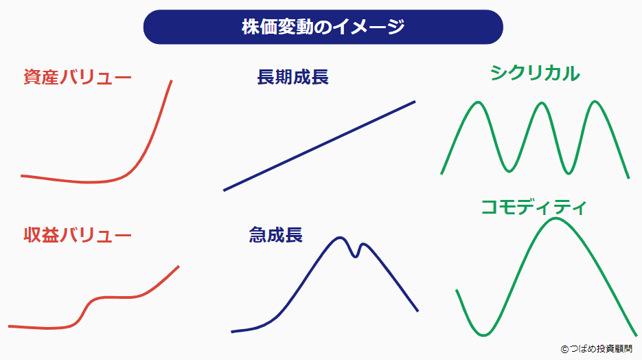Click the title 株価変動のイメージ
click(x=323, y=27)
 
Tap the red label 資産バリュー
click(x=77, y=77)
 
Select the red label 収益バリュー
click(x=77, y=236)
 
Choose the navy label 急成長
click(x=275, y=236)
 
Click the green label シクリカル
click(x=535, y=74)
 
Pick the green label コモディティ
click(x=534, y=207)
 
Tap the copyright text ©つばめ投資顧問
click(x=596, y=349)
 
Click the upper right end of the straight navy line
click(x=415, y=102)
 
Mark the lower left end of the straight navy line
click(x=225, y=190)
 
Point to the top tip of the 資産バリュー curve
click(x=171, y=81)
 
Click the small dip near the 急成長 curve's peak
click(x=356, y=256)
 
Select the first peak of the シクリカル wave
click(x=476, y=103)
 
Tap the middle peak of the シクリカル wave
click(x=542, y=104)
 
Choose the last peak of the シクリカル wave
click(x=595, y=103)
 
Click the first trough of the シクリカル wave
click(x=509, y=169)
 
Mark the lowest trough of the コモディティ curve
click(x=484, y=335)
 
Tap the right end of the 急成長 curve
click(x=417, y=311)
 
